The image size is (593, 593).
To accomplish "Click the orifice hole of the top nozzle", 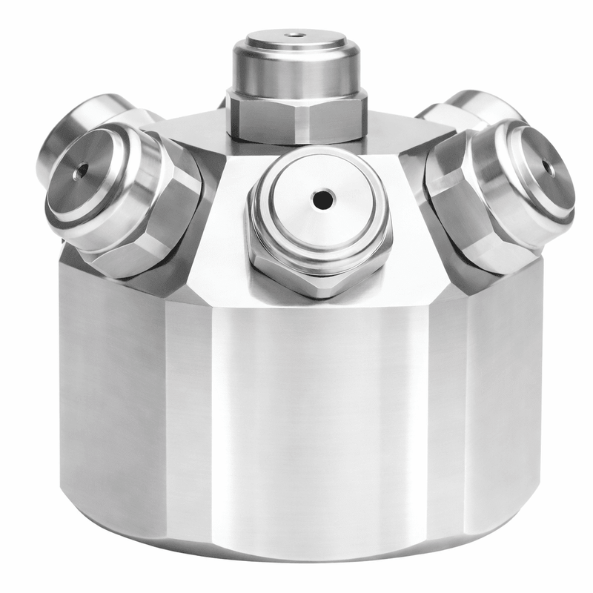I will (297, 34).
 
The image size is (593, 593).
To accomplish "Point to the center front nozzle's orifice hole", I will (322, 199).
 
